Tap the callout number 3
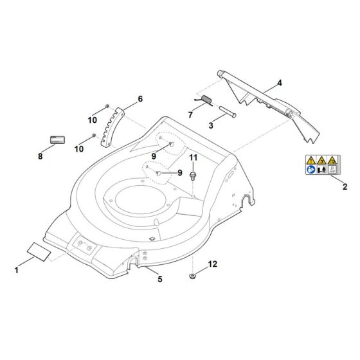click(x=210, y=126)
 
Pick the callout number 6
click(x=140, y=99)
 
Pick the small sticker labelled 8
click(x=57, y=139)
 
